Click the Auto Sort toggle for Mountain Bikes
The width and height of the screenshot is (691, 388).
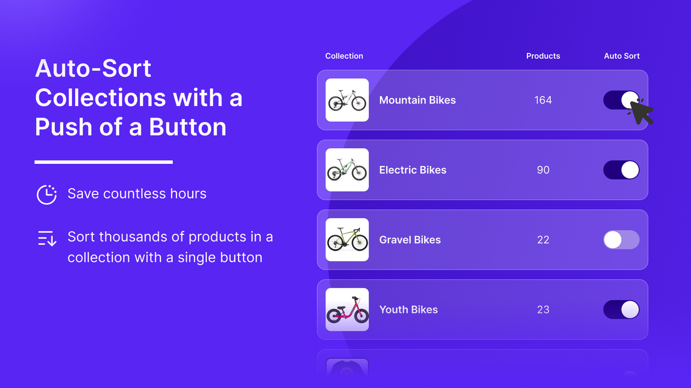pos(621,100)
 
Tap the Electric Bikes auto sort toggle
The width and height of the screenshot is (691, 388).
pos(621,170)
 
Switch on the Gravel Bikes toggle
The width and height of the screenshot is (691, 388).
pos(621,240)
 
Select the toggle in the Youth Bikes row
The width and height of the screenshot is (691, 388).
pos(621,310)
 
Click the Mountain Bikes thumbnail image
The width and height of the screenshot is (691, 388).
pos(347,100)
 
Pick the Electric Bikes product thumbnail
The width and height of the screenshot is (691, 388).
pos(347,170)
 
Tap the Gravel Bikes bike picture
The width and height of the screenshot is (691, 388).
pos(347,240)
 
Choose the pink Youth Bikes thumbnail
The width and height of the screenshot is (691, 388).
pos(347,310)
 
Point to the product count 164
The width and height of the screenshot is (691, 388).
pos(543,100)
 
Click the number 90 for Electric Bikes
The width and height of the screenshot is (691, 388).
pos(543,170)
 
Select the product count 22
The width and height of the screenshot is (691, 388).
pos(543,240)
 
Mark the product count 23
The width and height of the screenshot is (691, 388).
pos(543,310)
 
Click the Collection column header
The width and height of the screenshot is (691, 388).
pos(344,56)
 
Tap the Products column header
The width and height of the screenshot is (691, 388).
pos(543,56)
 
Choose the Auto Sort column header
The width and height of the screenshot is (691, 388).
pos(621,56)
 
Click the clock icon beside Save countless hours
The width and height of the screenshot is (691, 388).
pos(47,195)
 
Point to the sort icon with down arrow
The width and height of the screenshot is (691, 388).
pos(47,238)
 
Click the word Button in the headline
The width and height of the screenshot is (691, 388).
pos(188,127)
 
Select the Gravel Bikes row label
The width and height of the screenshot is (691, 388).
pos(410,240)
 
